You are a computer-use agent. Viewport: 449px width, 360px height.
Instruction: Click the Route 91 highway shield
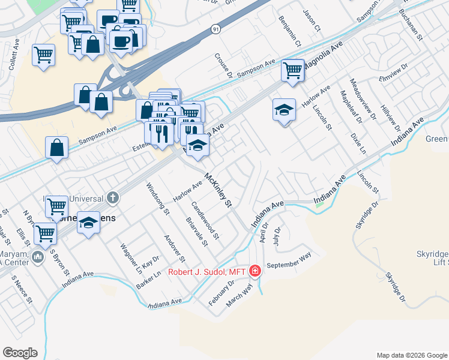(215, 28)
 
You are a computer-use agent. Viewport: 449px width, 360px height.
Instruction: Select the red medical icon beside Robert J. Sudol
(255, 271)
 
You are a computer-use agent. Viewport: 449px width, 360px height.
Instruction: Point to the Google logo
(20, 353)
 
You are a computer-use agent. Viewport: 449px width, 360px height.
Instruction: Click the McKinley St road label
(218, 191)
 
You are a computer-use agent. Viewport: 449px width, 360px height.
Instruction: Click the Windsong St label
(158, 199)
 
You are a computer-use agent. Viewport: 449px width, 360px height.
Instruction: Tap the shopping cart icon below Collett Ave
(44, 55)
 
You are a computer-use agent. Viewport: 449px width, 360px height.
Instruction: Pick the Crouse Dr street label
(223, 65)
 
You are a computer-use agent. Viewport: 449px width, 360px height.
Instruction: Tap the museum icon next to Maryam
(37, 257)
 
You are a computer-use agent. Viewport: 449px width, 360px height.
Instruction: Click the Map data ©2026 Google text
(411, 355)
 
